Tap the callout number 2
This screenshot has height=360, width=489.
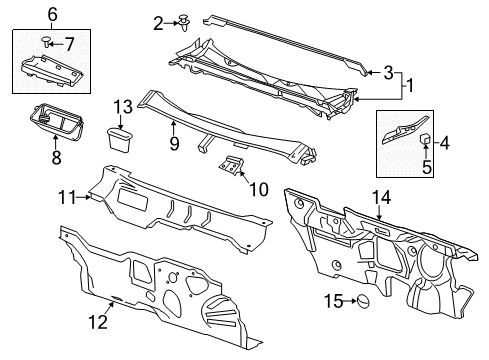tap(158, 21)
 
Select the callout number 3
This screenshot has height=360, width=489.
tap(390, 72)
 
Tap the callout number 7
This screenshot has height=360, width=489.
tap(69, 41)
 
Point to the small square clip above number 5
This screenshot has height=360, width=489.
tap(425, 138)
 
